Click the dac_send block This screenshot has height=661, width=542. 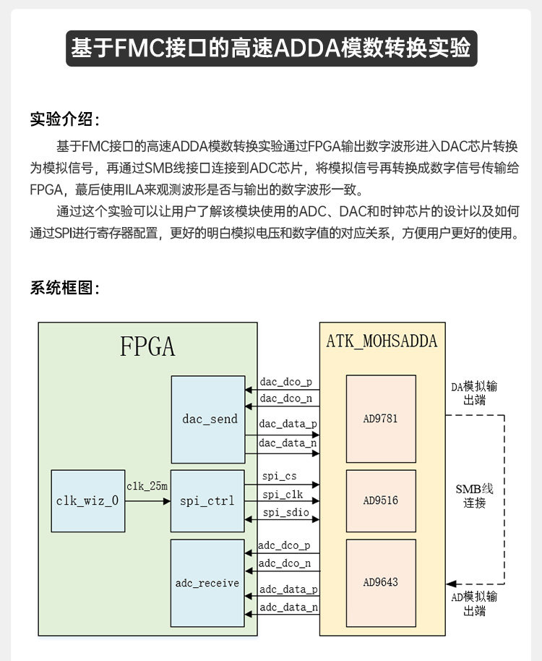[209, 419]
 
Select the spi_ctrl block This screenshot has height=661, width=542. [209, 500]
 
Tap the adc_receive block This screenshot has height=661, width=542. [209, 583]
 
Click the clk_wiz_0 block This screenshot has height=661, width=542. [87, 500]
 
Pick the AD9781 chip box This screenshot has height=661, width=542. [380, 419]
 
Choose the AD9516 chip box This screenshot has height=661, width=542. [380, 500]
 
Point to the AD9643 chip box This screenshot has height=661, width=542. [380, 582]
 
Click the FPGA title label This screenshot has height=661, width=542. [147, 347]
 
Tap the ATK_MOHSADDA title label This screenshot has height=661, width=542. [382, 341]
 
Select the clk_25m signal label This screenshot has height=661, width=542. [147, 487]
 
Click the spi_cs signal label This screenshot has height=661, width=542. [280, 477]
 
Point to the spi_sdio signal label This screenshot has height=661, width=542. [284, 513]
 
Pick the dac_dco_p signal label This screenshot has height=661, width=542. [286, 381]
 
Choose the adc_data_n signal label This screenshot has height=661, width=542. [288, 607]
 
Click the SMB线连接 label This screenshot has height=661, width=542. [474, 495]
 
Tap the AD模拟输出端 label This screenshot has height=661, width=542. [474, 604]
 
